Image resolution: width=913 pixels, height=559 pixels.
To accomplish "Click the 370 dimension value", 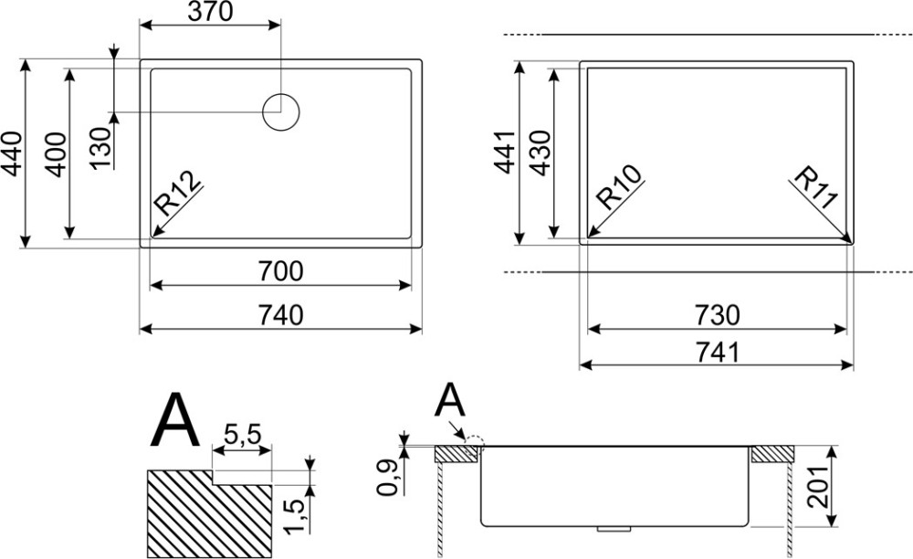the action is point(210,12).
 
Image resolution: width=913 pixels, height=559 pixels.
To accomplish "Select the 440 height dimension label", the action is point(12,154).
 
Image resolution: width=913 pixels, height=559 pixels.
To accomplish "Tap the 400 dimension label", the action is point(56,154).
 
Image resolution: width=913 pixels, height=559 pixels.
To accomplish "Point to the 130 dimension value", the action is point(100,148).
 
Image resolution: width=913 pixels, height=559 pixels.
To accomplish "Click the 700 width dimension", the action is point(280,270).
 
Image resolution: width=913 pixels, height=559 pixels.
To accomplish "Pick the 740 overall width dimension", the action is point(280,315).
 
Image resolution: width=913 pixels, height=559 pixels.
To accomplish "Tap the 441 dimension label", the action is point(504,152).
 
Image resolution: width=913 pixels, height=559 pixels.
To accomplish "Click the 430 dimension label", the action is point(540,153).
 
